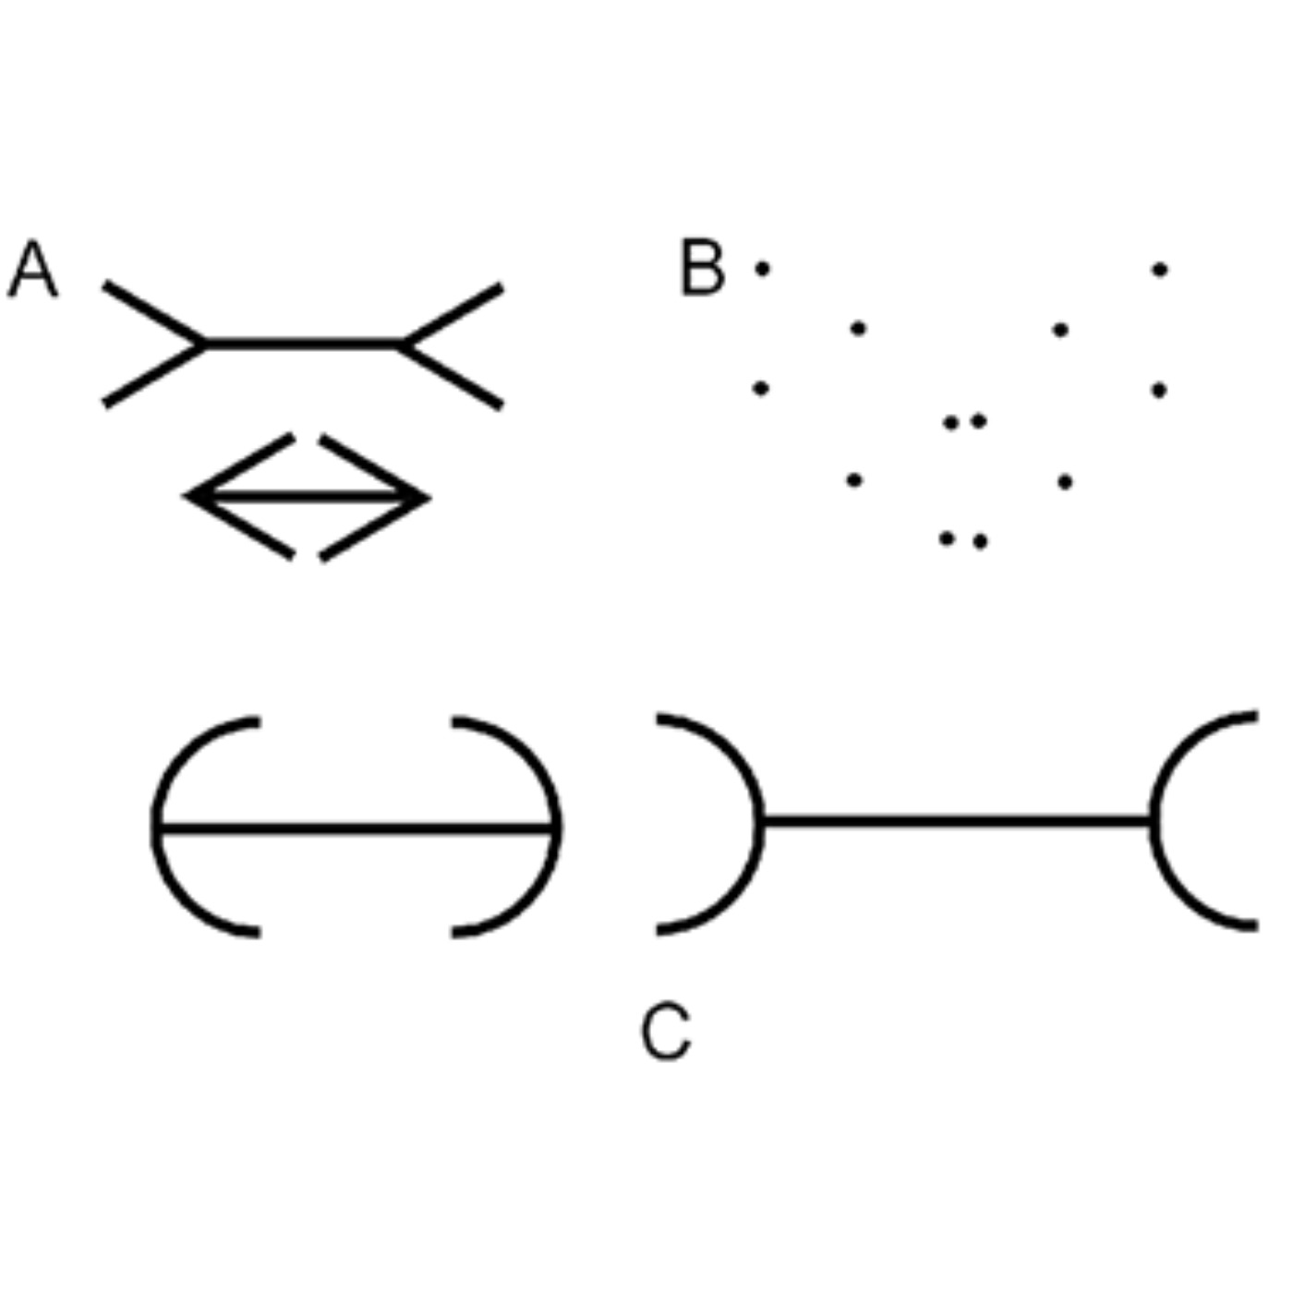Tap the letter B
(x=703, y=266)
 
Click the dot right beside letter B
(x=762, y=269)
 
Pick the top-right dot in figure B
(x=1160, y=270)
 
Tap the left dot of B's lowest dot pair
(x=946, y=538)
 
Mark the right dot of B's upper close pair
(x=978, y=421)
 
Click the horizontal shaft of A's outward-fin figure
(x=303, y=344)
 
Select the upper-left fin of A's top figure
(x=154, y=314)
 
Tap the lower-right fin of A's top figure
(x=452, y=376)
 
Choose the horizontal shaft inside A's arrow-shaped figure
(x=306, y=497)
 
